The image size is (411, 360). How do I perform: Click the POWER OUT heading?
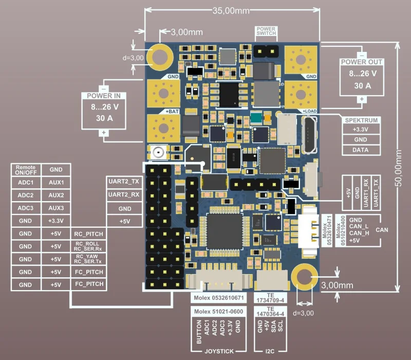click(362, 62)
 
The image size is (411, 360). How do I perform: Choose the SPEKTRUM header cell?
click(361, 120)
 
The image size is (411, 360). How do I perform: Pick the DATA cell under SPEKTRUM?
click(361, 150)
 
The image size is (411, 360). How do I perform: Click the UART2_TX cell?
click(124, 182)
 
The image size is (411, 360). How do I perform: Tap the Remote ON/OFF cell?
click(25, 170)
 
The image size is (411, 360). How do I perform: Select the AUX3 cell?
click(57, 208)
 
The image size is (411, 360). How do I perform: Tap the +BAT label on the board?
click(172, 111)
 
